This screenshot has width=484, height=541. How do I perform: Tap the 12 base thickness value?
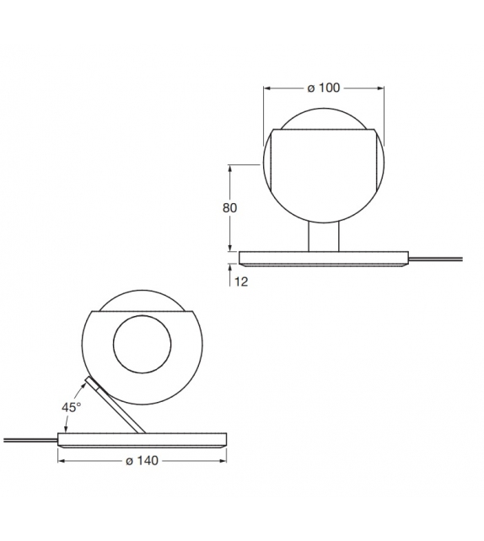(x=241, y=281)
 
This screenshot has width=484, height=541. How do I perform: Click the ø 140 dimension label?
(x=143, y=461)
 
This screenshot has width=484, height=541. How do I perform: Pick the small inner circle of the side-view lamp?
(x=143, y=345)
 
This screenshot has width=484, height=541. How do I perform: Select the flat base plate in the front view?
(x=323, y=258)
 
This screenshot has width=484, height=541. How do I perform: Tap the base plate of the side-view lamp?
(x=142, y=439)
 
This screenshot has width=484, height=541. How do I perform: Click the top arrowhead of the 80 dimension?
(x=230, y=168)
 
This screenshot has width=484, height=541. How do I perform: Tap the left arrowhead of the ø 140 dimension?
(x=62, y=461)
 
